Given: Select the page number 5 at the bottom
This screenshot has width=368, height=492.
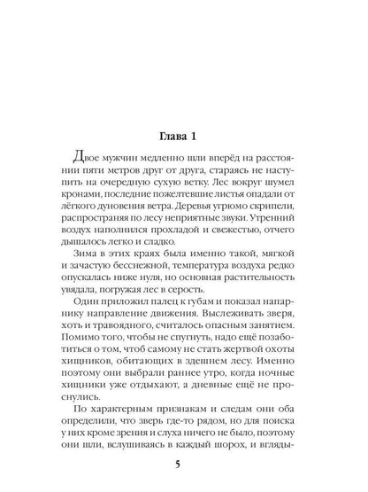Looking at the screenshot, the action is (x=184, y=462).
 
